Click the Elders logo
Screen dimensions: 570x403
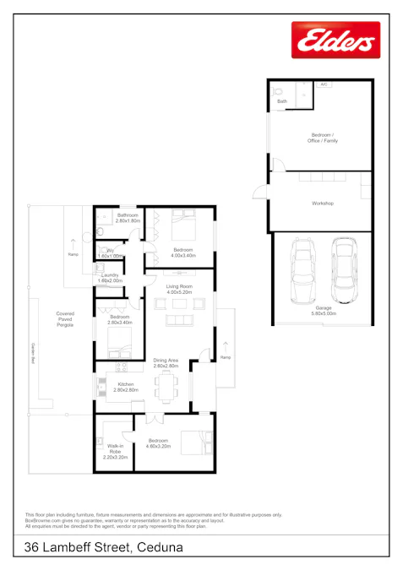tap(335, 41)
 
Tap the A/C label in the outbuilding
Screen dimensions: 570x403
tap(324, 85)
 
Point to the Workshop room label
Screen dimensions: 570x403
tap(323, 204)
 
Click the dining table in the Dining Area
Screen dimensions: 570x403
tap(165, 385)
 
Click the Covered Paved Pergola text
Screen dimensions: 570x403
tap(65, 318)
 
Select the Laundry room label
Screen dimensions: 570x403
tap(110, 278)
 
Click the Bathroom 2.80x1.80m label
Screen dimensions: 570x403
tap(128, 218)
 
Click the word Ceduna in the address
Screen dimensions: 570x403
tap(158, 548)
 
